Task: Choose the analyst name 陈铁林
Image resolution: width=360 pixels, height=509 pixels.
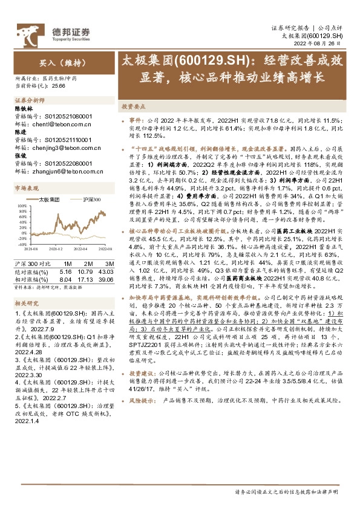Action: [22, 108]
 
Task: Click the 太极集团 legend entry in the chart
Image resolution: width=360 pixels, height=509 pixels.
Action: [47, 199]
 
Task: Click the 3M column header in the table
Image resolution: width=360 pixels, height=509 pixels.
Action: [109, 264]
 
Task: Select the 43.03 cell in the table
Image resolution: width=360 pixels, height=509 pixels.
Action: [108, 271]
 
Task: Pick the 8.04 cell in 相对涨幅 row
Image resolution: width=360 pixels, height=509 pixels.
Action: [66, 279]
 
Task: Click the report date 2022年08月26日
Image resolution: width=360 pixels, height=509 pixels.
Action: [320, 44]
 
